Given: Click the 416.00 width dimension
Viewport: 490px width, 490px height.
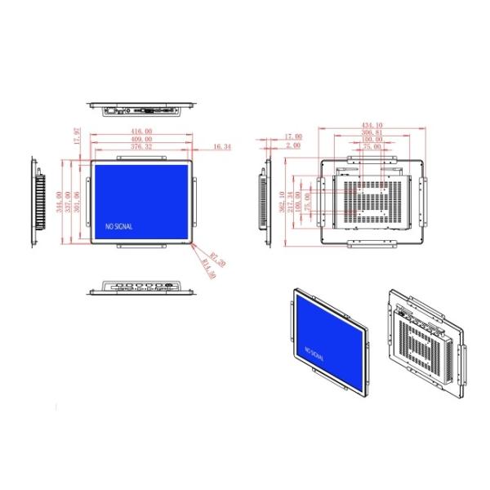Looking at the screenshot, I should pyautogui.click(x=141, y=131).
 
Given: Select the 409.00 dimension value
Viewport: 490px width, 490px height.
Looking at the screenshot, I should pyautogui.click(x=141, y=139).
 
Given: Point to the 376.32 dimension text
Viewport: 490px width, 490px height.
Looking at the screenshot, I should pyautogui.click(x=141, y=147).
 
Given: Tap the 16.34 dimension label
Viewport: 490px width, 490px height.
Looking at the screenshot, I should pyautogui.click(x=221, y=147).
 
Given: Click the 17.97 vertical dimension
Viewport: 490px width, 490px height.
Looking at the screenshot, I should pyautogui.click(x=78, y=136).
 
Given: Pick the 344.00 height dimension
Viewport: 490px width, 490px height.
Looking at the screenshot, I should pyautogui.click(x=59, y=200).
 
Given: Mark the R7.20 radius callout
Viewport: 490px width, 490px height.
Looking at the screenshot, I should pyautogui.click(x=217, y=261).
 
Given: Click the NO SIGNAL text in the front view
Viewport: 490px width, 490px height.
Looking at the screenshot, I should pyautogui.click(x=118, y=226).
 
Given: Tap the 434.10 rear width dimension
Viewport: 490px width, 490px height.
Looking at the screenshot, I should pyautogui.click(x=372, y=124).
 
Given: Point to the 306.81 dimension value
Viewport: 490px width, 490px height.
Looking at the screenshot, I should pyautogui.click(x=372, y=132).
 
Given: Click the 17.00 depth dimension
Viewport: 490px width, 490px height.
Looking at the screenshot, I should pyautogui.click(x=292, y=136).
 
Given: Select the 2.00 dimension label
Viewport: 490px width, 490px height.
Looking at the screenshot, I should pyautogui.click(x=293, y=145).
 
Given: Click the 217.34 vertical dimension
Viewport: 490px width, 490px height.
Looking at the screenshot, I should pyautogui.click(x=292, y=199).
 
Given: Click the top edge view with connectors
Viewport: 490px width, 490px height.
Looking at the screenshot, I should pyautogui.click(x=143, y=108).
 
